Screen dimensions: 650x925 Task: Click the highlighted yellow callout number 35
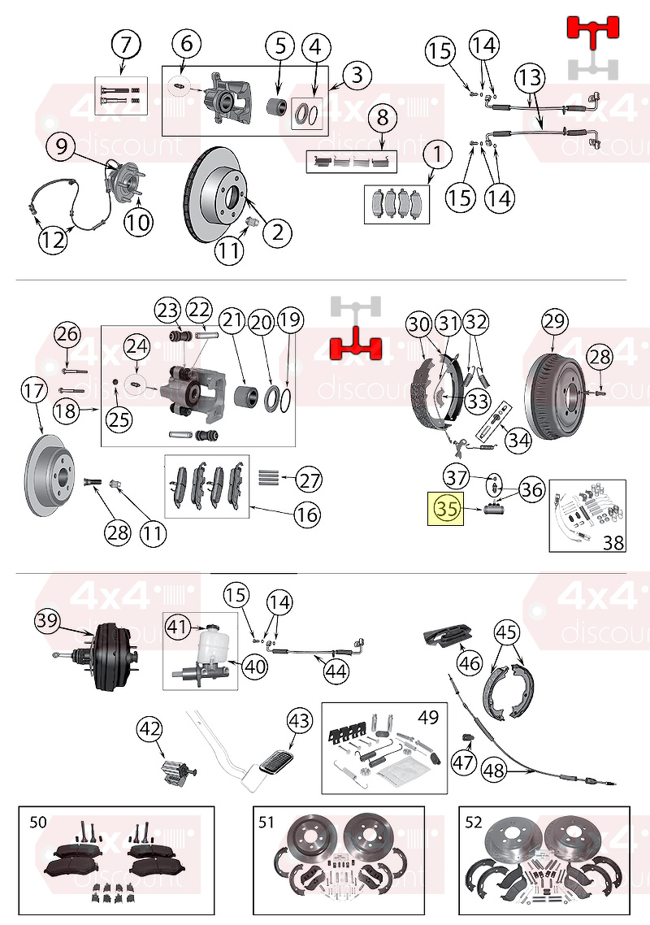[447, 508]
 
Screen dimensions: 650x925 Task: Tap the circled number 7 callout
[126, 44]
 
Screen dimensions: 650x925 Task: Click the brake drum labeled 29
[554, 390]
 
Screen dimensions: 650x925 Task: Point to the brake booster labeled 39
[103, 658]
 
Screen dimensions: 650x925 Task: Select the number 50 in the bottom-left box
[37, 822]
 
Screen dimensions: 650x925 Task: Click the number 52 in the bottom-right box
[474, 822]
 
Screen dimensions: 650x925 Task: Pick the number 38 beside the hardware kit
[613, 541]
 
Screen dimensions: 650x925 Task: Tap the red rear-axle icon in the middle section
[356, 344]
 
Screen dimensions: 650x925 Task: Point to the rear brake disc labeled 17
[50, 476]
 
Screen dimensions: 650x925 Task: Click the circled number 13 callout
[530, 77]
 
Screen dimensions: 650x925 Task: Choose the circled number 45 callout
[506, 632]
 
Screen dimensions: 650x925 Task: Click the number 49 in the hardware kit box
[428, 718]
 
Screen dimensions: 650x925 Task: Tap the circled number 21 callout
[232, 320]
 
